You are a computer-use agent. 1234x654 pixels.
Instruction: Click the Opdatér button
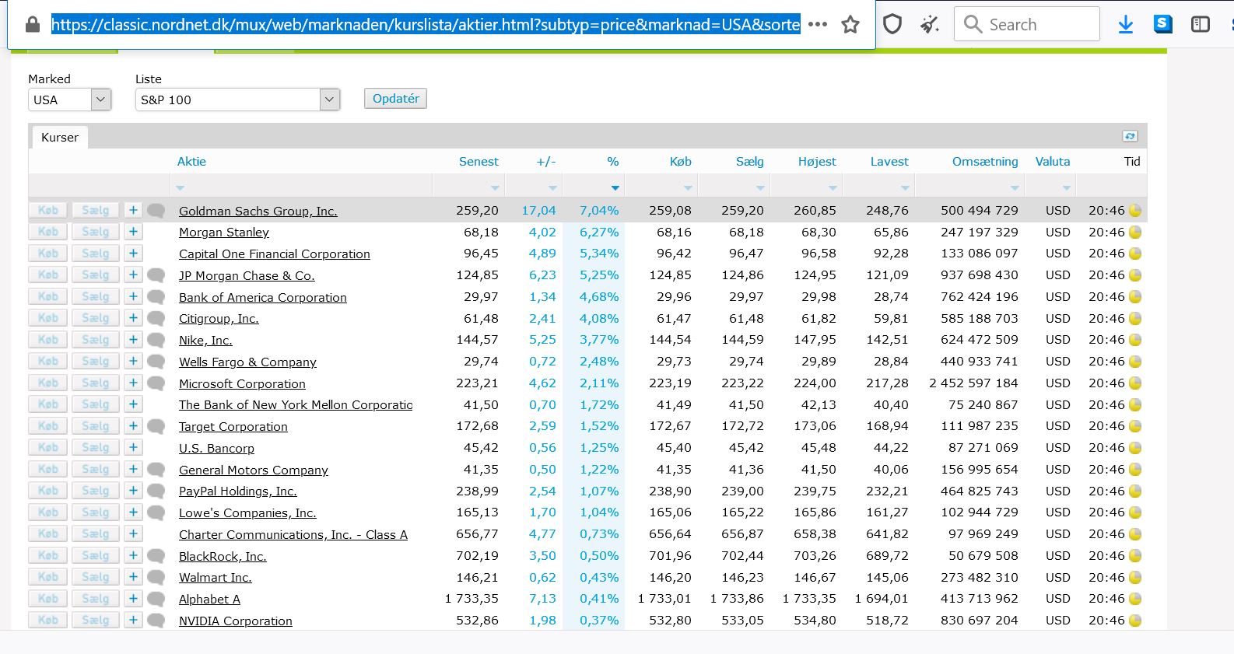(395, 99)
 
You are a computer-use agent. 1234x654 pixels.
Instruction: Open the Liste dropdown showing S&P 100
(237, 100)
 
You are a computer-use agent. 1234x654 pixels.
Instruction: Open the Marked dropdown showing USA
(69, 100)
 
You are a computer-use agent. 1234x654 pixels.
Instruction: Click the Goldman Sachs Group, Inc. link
(258, 211)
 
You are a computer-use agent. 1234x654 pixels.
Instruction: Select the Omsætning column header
(985, 161)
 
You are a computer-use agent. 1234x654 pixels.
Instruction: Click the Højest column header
(817, 161)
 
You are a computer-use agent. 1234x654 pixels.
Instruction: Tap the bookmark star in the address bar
(850, 24)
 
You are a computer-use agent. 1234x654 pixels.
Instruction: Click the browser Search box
(1027, 24)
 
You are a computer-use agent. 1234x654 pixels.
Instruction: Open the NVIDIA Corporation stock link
(235, 621)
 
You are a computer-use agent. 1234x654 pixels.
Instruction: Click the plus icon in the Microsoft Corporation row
(133, 383)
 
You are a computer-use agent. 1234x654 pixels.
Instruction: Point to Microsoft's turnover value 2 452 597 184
(973, 383)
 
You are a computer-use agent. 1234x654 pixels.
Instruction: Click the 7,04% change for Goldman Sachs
(599, 210)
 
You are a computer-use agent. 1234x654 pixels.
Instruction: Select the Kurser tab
(59, 137)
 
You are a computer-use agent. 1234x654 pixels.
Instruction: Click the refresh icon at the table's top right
(1130, 136)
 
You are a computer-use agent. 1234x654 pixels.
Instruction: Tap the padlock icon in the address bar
(33, 24)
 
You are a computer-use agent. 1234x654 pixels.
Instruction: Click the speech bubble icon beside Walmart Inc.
(156, 577)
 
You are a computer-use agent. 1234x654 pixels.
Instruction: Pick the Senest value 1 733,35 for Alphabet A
(472, 599)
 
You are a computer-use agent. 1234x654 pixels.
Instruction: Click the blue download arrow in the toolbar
(1126, 24)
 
